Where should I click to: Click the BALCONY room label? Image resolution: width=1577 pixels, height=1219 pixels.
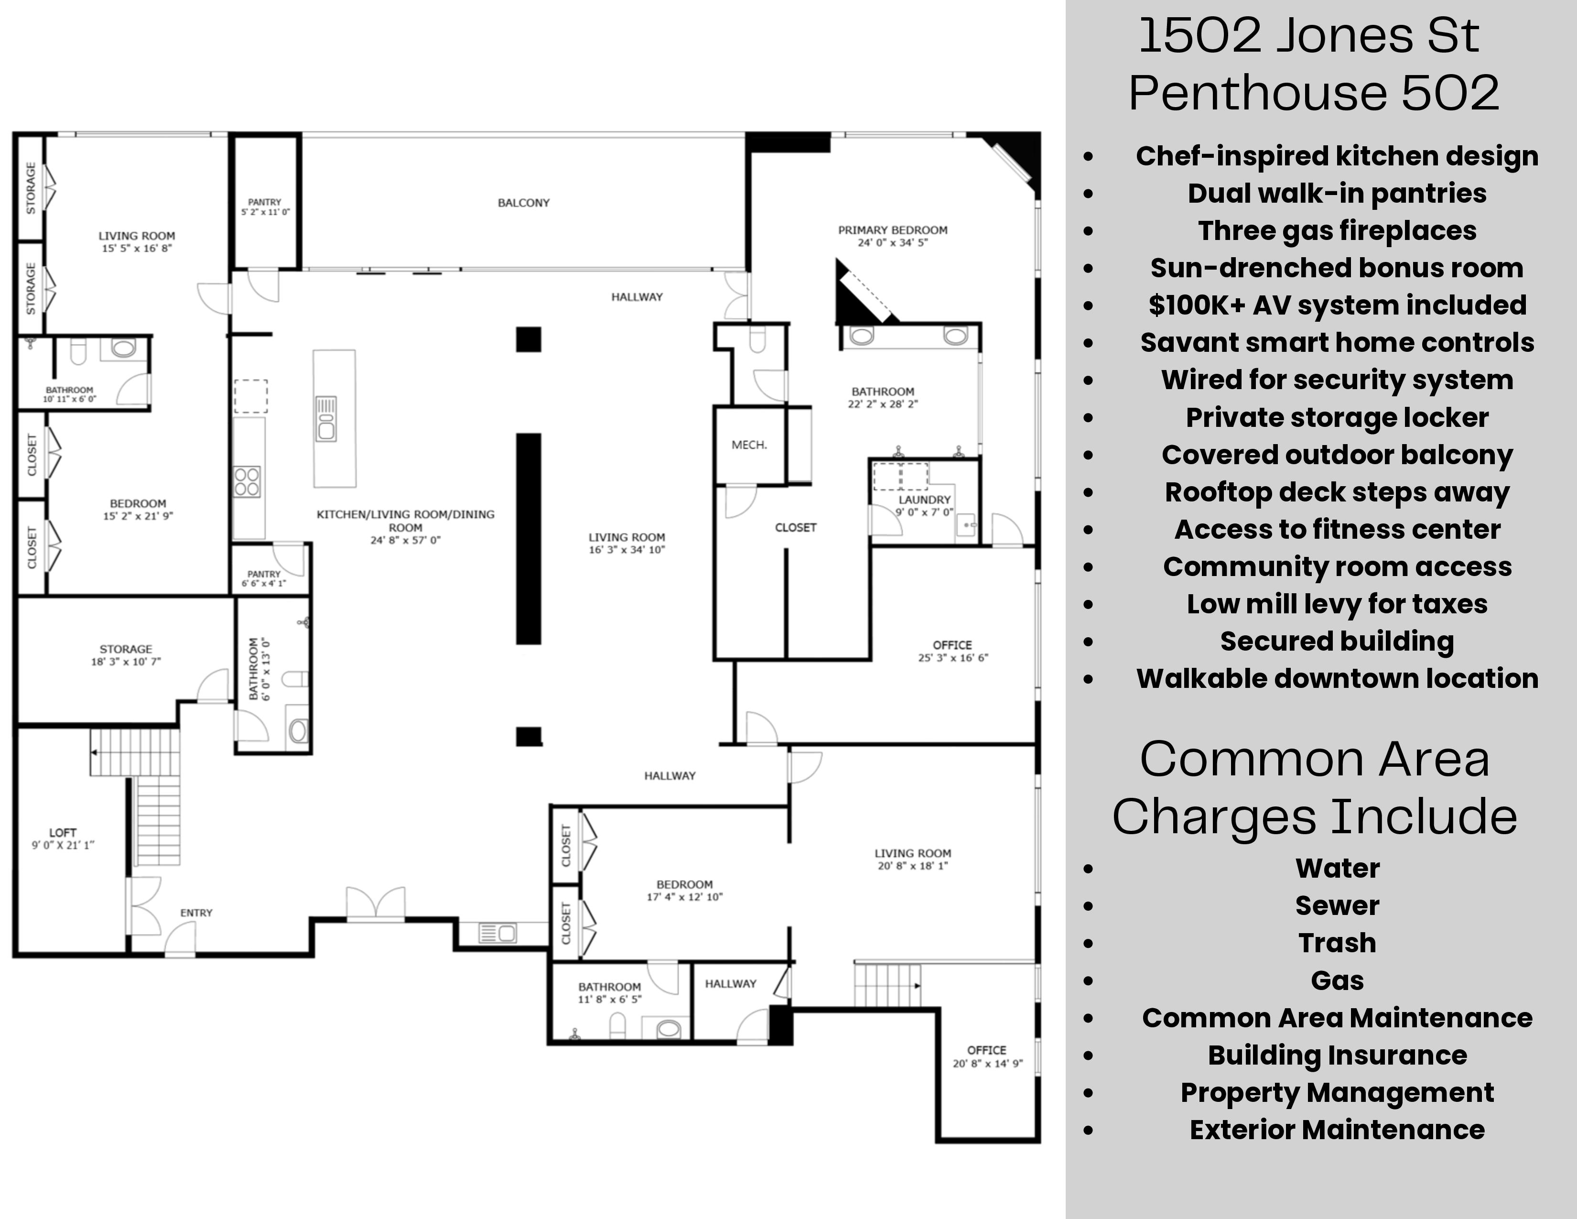pyautogui.click(x=523, y=203)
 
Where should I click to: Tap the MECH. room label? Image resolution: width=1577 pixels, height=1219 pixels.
pyautogui.click(x=749, y=445)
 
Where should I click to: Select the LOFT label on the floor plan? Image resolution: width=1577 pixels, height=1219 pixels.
pyautogui.click(x=63, y=833)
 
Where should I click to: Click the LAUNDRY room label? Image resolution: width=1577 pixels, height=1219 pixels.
pyautogui.click(x=924, y=500)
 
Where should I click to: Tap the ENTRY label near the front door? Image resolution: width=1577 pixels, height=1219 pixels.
pyautogui.click(x=196, y=913)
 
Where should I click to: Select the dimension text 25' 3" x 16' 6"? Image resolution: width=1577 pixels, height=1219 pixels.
pyautogui.click(x=952, y=658)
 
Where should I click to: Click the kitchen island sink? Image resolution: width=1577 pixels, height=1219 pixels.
pyautogui.click(x=326, y=418)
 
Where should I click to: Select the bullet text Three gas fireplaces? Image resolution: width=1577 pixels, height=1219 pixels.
pyautogui.click(x=1337, y=231)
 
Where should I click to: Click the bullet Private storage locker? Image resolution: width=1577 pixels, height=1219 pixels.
pyautogui.click(x=1337, y=417)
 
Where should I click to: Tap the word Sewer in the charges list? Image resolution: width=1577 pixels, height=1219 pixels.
pyautogui.click(x=1337, y=905)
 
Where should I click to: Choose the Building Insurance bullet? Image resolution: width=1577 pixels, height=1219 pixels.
pyautogui.click(x=1337, y=1055)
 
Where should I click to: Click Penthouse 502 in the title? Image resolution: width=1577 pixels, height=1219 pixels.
pyautogui.click(x=1314, y=92)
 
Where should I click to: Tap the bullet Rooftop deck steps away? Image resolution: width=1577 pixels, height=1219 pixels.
pyautogui.click(x=1337, y=492)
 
